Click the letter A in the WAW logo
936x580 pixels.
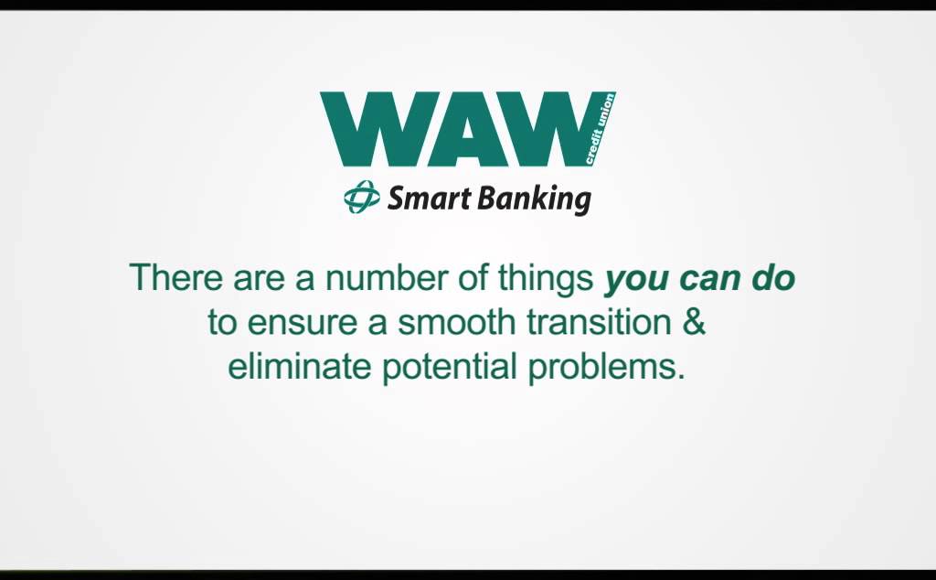click(x=468, y=129)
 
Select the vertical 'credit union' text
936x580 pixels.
click(x=600, y=129)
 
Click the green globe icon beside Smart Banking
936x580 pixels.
click(x=361, y=197)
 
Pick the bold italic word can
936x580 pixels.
click(x=711, y=277)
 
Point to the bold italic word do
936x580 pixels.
click(x=773, y=277)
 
